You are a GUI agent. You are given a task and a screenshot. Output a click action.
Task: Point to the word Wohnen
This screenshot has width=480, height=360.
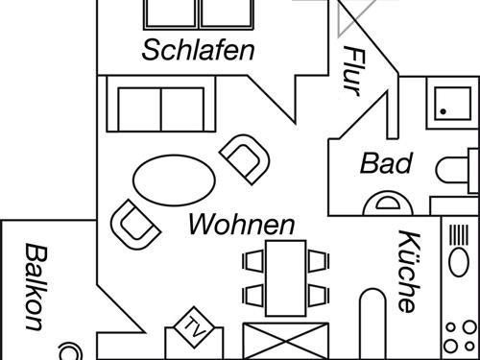pyautogui.click(x=241, y=226)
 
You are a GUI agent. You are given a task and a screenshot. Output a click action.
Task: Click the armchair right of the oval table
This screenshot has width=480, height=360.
pyautogui.click(x=244, y=157)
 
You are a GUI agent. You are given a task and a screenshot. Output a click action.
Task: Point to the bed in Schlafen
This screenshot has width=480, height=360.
pyautogui.click(x=199, y=13)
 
